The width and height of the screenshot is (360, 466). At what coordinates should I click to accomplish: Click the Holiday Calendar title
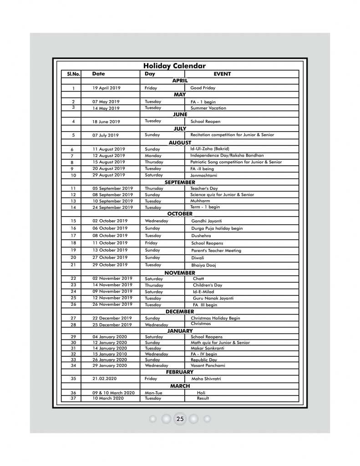pyautogui.click(x=175, y=66)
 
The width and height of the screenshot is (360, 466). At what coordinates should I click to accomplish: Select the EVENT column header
pyautogui.click(x=222, y=73)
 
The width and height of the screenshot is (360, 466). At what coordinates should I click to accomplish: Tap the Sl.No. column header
pyautogui.click(x=67, y=73)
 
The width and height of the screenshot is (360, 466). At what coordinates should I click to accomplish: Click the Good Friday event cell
pyautogui.click(x=203, y=88)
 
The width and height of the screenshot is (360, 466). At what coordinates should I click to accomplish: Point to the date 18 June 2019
pyautogui.click(x=106, y=122)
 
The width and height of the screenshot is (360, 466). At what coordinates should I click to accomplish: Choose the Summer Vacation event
pyautogui.click(x=208, y=108)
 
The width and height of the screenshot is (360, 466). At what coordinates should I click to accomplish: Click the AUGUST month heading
pyautogui.click(x=180, y=142)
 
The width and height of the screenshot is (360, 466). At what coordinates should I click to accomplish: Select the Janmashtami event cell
pyautogui.click(x=205, y=175)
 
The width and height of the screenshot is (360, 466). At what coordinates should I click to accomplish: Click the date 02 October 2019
pyautogui.click(x=110, y=221)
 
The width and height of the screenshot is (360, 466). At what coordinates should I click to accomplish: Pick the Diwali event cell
pyautogui.click(x=198, y=258)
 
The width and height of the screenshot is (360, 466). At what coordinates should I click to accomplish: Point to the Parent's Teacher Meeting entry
pyautogui.click(x=216, y=250)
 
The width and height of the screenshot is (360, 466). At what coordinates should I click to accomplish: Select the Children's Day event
pyautogui.click(x=208, y=285)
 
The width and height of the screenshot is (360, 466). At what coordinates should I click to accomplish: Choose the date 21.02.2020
pyautogui.click(x=105, y=379)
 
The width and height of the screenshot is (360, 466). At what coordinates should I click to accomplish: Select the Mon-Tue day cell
pyautogui.click(x=154, y=392)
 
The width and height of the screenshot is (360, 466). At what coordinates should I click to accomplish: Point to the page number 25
pyautogui.click(x=180, y=419)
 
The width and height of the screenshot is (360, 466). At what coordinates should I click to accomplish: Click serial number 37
pyautogui.click(x=73, y=398)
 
